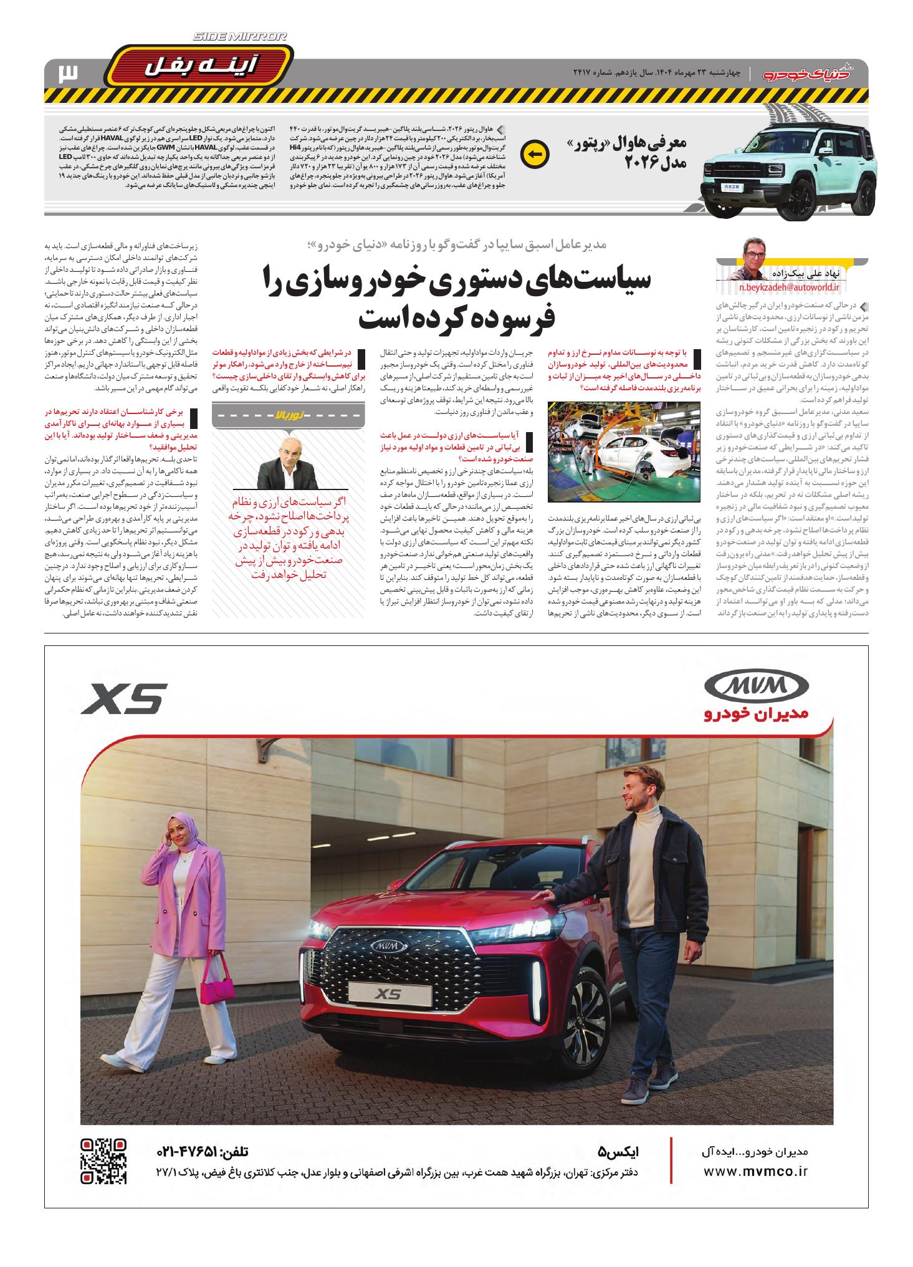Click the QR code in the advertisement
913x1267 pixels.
coord(104,1162)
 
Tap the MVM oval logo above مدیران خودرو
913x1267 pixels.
coord(756,686)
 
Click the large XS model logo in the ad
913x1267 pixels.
coord(125,698)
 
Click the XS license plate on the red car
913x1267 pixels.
coord(383,991)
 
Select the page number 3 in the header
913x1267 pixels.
coord(67,74)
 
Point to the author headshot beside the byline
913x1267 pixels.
coord(755,259)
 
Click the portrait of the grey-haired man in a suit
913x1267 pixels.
coord(288,464)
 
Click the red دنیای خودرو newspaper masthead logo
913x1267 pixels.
coord(815,74)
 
